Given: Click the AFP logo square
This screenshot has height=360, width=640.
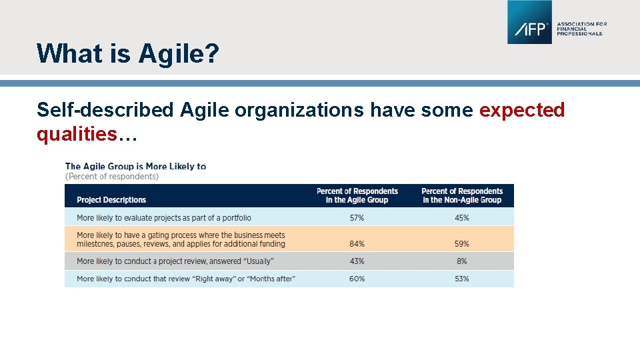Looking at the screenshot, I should point(529,22).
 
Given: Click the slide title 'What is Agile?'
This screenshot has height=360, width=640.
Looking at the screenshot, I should point(127,53).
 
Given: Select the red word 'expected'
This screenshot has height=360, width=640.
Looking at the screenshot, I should point(522,110).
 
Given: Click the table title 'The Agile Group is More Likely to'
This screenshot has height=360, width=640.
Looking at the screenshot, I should point(135,166).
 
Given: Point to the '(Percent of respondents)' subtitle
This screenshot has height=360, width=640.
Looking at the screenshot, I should point(112,177).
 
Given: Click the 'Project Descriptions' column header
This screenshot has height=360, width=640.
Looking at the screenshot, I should point(111,200).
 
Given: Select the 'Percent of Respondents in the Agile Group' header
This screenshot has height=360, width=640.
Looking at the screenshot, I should point(357,195).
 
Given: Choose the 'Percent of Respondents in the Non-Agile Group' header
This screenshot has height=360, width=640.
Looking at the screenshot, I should point(462,195).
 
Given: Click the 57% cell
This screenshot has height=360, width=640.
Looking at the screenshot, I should point(357,218).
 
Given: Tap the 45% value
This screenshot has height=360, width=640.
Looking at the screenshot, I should point(462,218).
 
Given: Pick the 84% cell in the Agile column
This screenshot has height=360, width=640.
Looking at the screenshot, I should point(357,244).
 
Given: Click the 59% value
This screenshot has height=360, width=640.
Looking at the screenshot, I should point(462,244).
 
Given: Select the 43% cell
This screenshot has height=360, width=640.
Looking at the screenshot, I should point(357,261).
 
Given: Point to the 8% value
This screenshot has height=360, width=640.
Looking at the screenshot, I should point(462,261).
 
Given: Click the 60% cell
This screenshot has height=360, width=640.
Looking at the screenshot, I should point(357,279).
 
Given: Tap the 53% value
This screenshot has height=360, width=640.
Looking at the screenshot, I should point(462,279).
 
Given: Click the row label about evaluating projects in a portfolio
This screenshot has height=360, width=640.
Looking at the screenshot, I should point(164,218).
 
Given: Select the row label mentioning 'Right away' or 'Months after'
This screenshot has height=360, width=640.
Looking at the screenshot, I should point(185,279).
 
